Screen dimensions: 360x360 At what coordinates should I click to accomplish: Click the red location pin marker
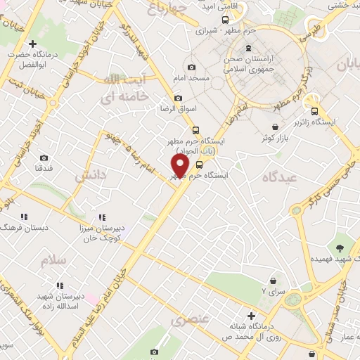(x=181, y=166)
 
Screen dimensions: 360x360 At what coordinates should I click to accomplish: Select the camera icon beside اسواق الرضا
(x=178, y=98)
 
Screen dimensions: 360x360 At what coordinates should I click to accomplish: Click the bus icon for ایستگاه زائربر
(x=314, y=110)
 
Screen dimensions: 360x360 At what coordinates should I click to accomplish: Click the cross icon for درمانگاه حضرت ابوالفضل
(x=32, y=44)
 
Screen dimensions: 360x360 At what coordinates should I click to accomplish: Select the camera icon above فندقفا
(x=44, y=158)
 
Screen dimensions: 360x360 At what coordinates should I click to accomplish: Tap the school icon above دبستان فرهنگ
(x=23, y=217)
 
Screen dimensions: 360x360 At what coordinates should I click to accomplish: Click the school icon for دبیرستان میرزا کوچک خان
(x=102, y=217)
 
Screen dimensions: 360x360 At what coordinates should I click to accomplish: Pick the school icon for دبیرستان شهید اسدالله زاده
(x=60, y=285)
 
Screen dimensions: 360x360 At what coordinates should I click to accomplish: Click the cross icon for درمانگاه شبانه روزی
(x=251, y=316)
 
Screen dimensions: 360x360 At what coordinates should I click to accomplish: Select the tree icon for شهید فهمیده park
(x=340, y=247)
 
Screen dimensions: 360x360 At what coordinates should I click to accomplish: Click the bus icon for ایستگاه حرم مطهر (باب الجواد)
(x=195, y=129)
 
